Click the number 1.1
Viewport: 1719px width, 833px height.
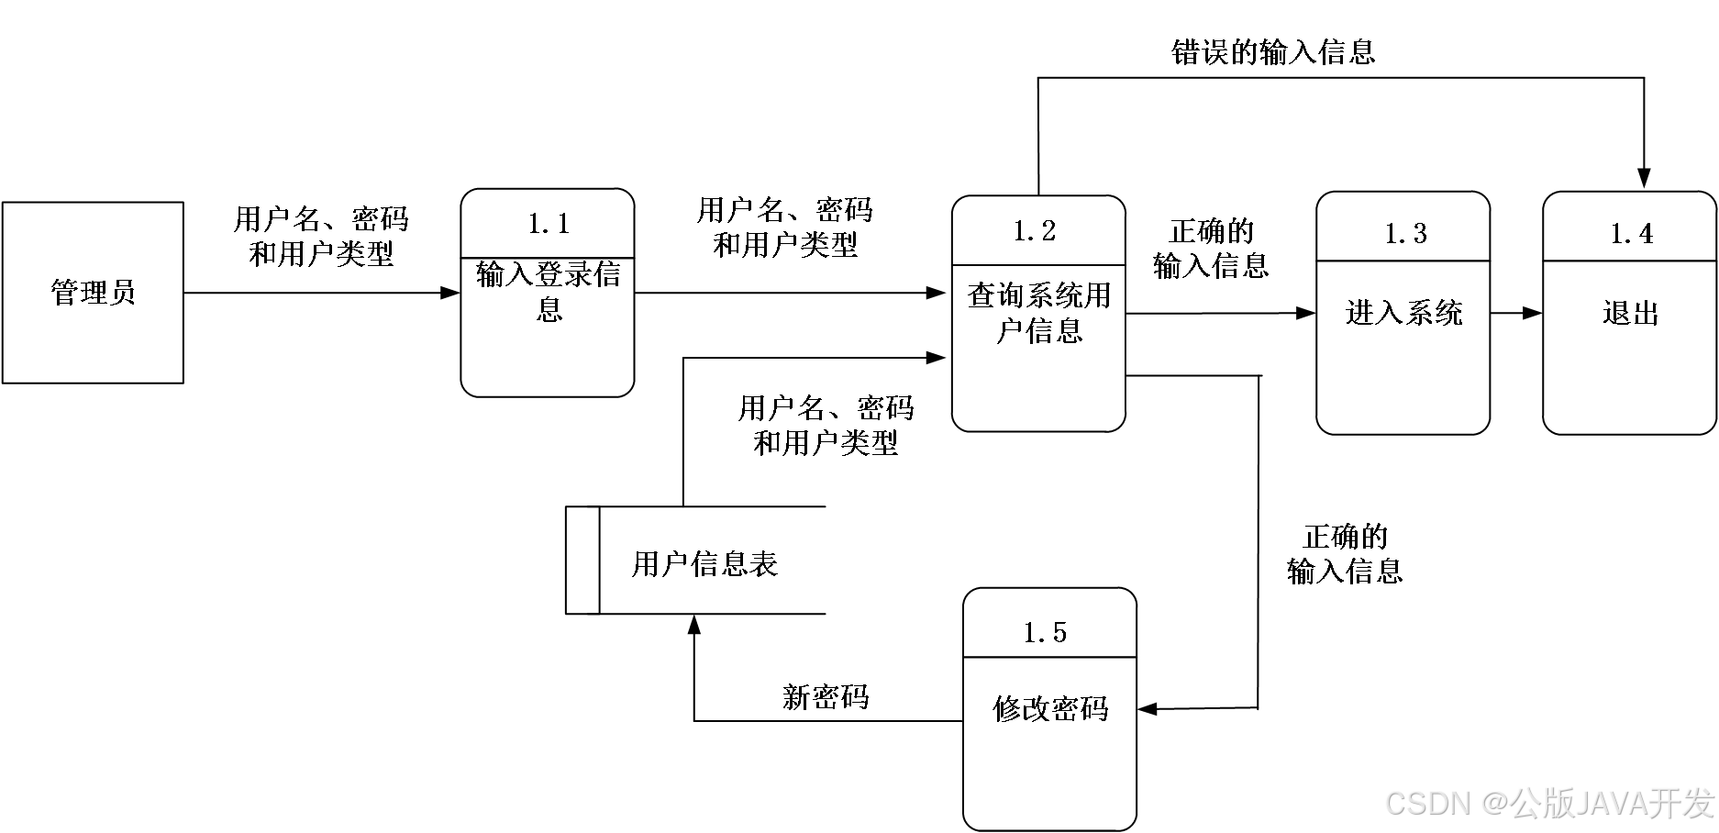pos(549,224)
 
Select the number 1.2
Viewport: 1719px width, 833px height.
pos(1035,231)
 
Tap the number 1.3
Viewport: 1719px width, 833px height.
pos(1405,234)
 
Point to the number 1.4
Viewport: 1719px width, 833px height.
pos(1632,234)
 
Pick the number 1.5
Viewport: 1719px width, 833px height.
pos(1045,633)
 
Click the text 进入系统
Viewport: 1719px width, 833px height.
pos(1403,314)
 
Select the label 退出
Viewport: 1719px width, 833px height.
pos(1630,314)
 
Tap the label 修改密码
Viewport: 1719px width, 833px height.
pos(1050,708)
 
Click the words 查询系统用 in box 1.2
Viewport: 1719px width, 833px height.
pos(1038,296)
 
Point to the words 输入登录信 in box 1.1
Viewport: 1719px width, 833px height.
pos(549,274)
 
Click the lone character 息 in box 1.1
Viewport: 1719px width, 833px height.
pos(549,309)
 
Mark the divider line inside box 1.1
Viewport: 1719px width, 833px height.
pos(548,258)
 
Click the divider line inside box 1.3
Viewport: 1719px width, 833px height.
pos(1403,261)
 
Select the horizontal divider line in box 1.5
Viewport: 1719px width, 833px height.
pos(1050,657)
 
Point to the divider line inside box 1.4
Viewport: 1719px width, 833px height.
pos(1630,261)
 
